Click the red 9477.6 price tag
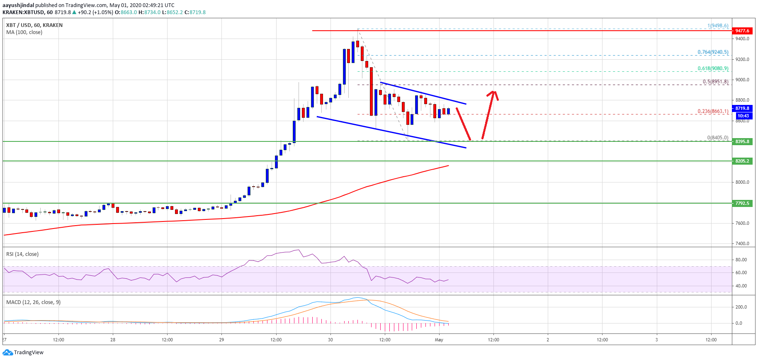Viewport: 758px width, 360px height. click(x=742, y=31)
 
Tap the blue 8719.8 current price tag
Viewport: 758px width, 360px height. click(x=742, y=108)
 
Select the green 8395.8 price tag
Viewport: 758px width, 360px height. click(x=742, y=141)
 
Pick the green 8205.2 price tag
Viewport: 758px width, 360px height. click(x=742, y=161)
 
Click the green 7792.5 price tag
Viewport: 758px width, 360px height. click(x=742, y=203)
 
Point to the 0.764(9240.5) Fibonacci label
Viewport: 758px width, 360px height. click(x=713, y=52)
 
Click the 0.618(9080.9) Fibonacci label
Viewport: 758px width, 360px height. click(x=713, y=68)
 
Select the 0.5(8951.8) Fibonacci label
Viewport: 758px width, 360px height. click(x=715, y=82)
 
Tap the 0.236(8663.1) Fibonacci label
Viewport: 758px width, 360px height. click(x=713, y=111)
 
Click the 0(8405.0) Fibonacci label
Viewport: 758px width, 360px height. click(x=717, y=138)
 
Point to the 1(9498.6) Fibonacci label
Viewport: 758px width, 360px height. click(x=718, y=26)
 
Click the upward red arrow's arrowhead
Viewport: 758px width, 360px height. click(x=493, y=94)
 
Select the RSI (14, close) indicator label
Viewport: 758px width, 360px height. click(x=22, y=254)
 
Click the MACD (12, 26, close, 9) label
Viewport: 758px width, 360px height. click(x=33, y=302)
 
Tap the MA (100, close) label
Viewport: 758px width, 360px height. click(x=24, y=32)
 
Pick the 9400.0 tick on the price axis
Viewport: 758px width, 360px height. click(x=742, y=39)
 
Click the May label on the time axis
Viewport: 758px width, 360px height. click(x=439, y=340)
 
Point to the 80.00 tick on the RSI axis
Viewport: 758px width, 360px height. click(x=741, y=260)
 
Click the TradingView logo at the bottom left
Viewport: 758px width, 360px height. click(x=23, y=353)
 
